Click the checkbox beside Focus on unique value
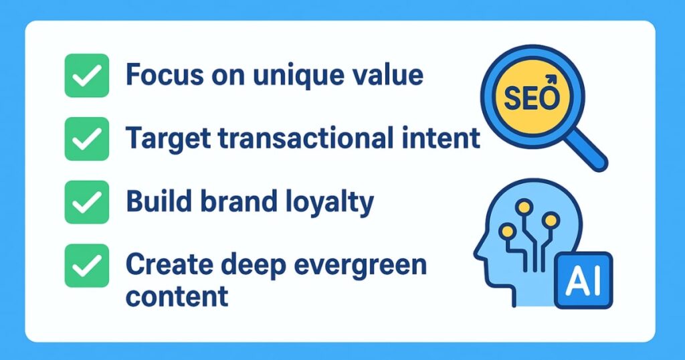(x=86, y=75)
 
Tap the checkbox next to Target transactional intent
(x=86, y=139)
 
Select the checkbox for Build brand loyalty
(x=86, y=202)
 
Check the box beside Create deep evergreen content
(x=86, y=265)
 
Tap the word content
(x=177, y=296)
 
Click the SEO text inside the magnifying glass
(x=531, y=98)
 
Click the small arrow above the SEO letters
(x=552, y=80)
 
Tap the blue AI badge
(x=583, y=280)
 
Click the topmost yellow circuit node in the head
(x=524, y=207)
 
